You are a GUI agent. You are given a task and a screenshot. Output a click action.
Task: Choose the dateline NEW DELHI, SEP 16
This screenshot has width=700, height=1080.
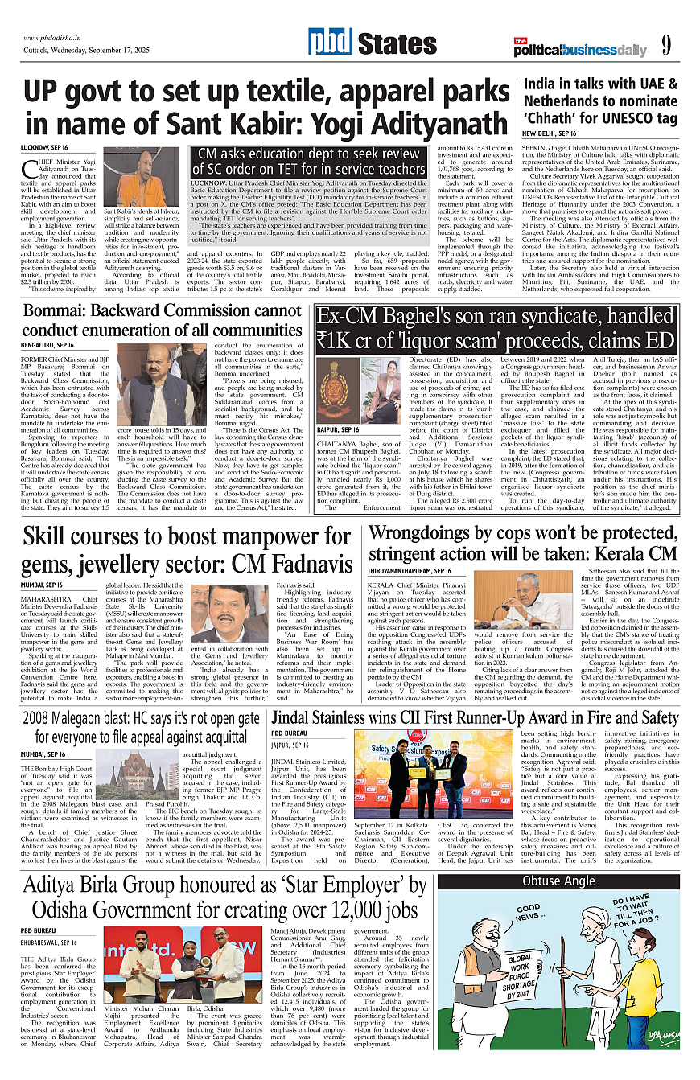pos(550,133)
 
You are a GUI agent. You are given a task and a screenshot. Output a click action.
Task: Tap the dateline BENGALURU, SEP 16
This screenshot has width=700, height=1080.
pos(50,344)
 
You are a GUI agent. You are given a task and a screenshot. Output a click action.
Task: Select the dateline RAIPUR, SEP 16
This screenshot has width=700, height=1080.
pos(338,430)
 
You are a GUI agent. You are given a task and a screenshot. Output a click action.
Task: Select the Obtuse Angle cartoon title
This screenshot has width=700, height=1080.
pos(558,881)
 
